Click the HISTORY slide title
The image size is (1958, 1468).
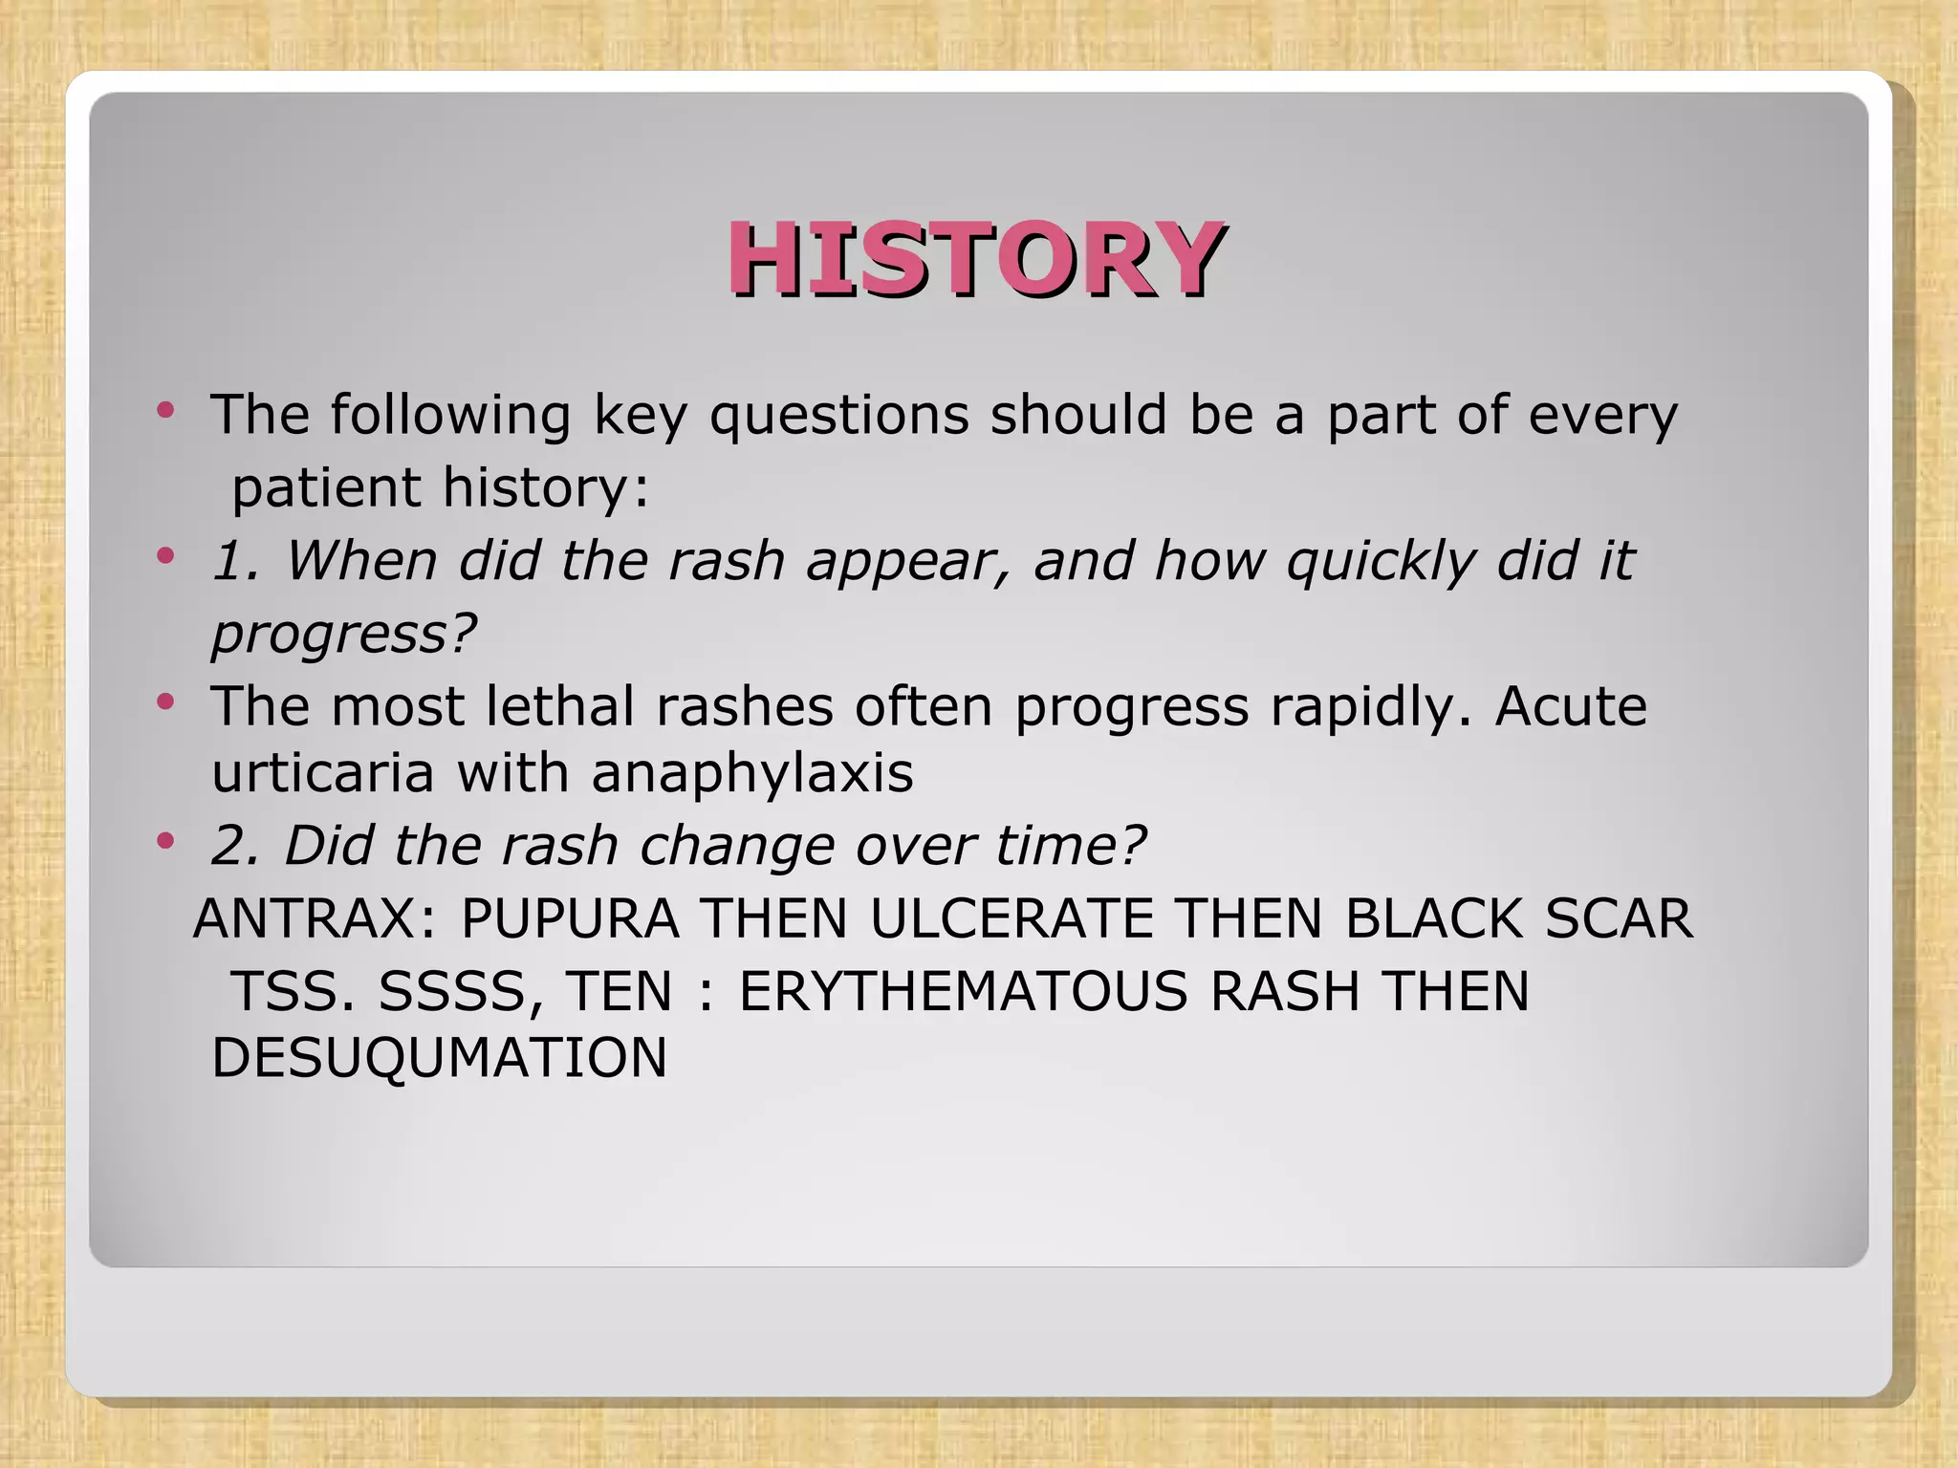tap(975, 259)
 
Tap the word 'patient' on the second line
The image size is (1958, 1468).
tap(326, 488)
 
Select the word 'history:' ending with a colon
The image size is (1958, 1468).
tap(546, 488)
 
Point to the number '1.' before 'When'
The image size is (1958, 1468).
tap(235, 561)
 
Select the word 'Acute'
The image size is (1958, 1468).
tap(1571, 706)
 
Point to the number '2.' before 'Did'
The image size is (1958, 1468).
tap(235, 846)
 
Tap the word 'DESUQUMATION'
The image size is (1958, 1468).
tap(440, 1058)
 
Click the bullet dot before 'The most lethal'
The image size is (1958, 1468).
tap(166, 702)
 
